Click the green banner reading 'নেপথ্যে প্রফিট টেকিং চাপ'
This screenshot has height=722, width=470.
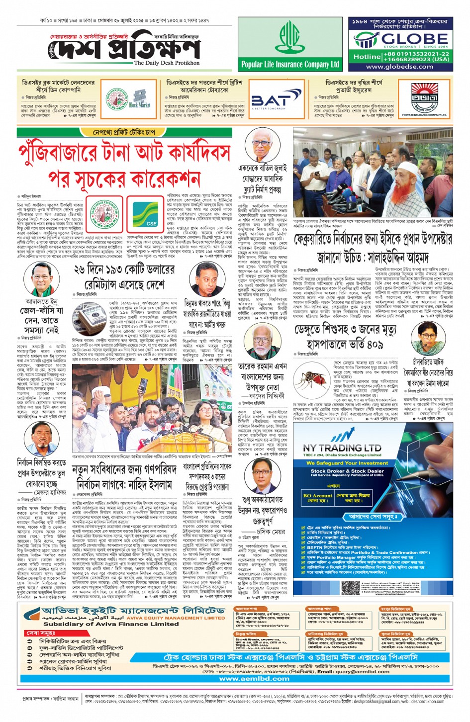pos(124,132)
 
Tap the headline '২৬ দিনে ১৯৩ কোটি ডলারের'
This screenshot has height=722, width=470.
pos(124,270)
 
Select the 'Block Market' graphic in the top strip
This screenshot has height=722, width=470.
pos(140,99)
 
